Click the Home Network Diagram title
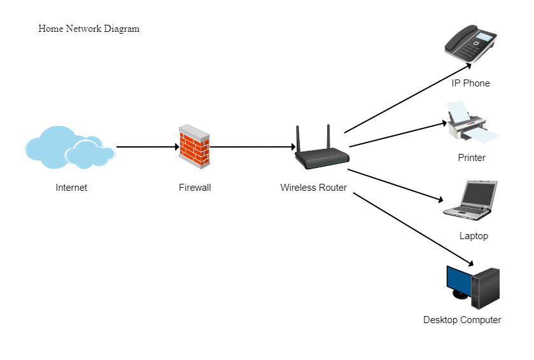pos(88,29)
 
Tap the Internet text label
pos(71,188)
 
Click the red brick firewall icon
pos(194,147)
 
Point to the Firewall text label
pos(194,188)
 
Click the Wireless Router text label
pos(313,188)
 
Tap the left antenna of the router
pos(297,138)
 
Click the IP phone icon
pos(470,43)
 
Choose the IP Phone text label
pos(470,83)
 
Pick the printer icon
pos(472,124)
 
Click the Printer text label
pos(471,158)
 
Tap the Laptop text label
pos(473,236)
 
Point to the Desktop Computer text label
pos(461,320)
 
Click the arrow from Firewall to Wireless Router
pos(252,147)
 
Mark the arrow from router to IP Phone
pos(407,98)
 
